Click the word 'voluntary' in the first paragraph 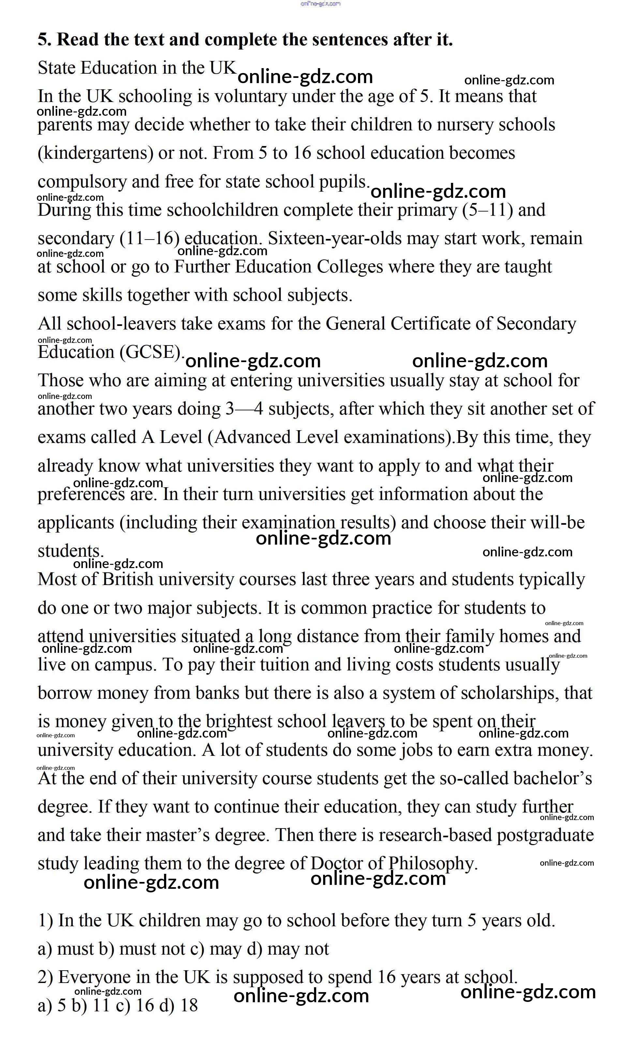250,96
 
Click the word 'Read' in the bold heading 78,40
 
